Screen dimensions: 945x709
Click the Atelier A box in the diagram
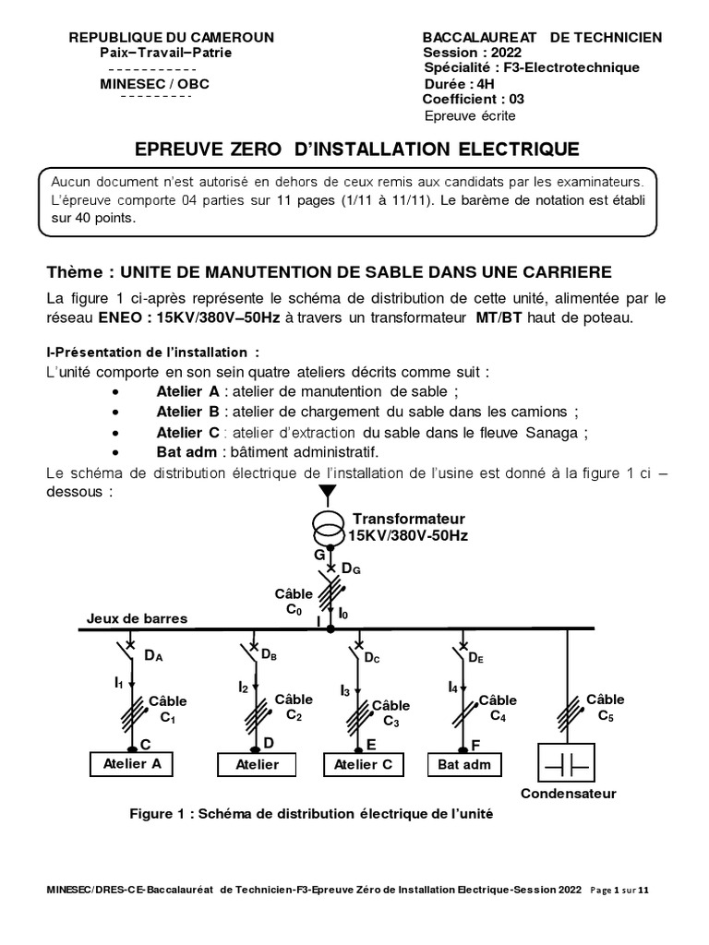(131, 763)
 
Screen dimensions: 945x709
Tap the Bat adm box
(463, 764)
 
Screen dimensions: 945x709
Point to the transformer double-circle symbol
(325, 528)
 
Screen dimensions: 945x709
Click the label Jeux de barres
(137, 618)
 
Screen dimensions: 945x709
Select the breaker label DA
(153, 656)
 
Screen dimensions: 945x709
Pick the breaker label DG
(351, 570)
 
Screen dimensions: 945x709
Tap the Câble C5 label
(606, 707)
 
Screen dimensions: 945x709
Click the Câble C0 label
(294, 601)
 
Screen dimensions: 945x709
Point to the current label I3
(345, 690)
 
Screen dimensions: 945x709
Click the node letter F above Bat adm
(475, 743)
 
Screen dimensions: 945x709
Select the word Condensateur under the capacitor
(569, 794)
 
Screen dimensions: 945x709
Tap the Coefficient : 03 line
(474, 100)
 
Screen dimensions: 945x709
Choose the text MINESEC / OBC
(154, 84)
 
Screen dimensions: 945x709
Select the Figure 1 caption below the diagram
(312, 814)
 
